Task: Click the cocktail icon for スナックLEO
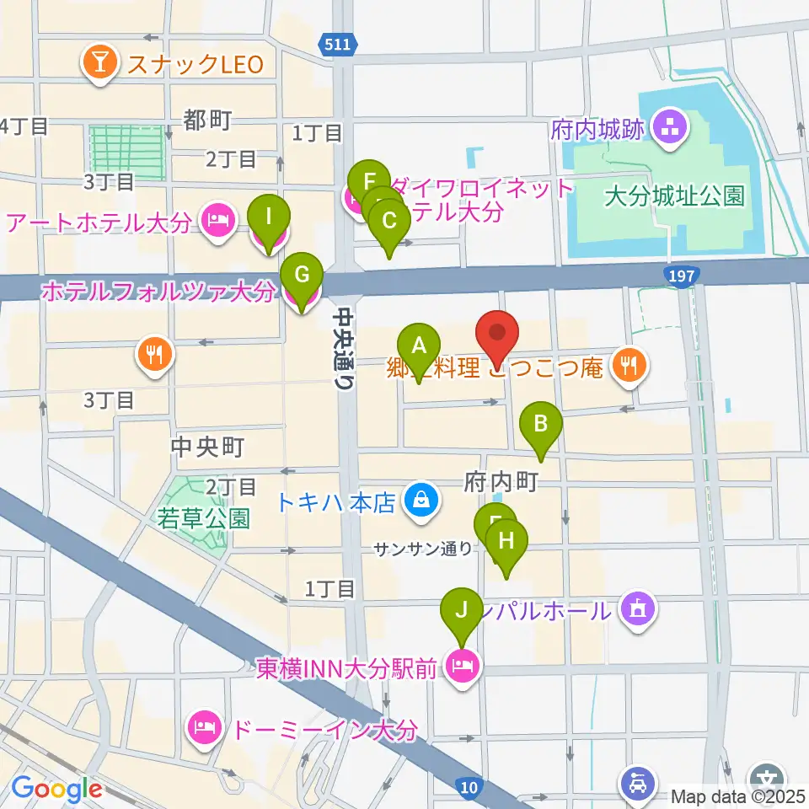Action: point(99,64)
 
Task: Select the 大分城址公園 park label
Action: point(675,197)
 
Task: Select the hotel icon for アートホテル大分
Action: point(217,222)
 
